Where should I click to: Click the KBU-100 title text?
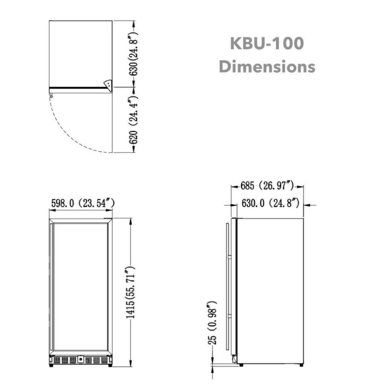tap(267, 44)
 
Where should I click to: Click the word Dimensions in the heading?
tap(267, 67)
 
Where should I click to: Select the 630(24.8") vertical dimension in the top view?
tap(133, 54)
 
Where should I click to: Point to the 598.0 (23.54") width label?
tap(82, 204)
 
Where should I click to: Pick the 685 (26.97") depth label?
tap(267, 186)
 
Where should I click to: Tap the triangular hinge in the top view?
tap(107, 84)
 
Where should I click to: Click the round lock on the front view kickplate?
tap(81, 358)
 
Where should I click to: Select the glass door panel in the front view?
tap(80, 286)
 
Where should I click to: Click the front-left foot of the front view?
tap(51, 365)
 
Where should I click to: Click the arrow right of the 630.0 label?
tap(310, 205)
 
